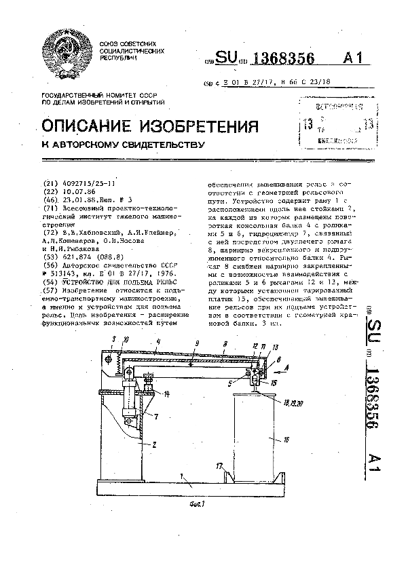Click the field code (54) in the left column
[x=50, y=280]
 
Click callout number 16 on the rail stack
[x=286, y=440]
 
